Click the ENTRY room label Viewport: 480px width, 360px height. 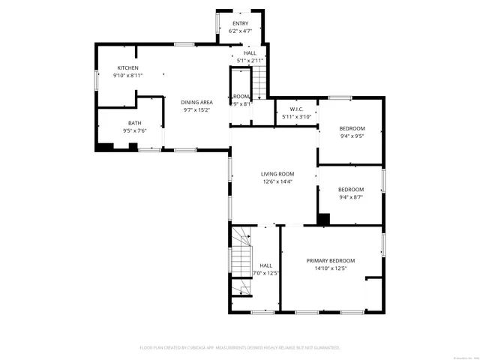[240, 24]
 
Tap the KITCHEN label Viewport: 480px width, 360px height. [127, 68]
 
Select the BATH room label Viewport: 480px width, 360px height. [134, 123]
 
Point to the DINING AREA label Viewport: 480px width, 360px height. [196, 102]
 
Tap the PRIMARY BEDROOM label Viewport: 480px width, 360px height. [331, 261]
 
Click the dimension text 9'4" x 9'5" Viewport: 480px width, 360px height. [351, 136]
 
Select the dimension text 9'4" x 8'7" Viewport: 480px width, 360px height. [351, 197]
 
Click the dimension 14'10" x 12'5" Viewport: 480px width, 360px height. [331, 268]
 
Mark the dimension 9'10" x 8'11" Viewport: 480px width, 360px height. [127, 76]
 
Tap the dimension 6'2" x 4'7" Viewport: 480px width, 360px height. [240, 31]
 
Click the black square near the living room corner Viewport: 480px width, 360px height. [323, 219]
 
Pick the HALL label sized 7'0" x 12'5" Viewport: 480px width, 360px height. [266, 265]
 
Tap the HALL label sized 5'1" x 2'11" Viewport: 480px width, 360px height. [250, 53]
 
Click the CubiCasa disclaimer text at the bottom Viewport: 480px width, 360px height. [240, 347]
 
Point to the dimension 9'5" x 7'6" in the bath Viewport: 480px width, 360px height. [134, 130]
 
